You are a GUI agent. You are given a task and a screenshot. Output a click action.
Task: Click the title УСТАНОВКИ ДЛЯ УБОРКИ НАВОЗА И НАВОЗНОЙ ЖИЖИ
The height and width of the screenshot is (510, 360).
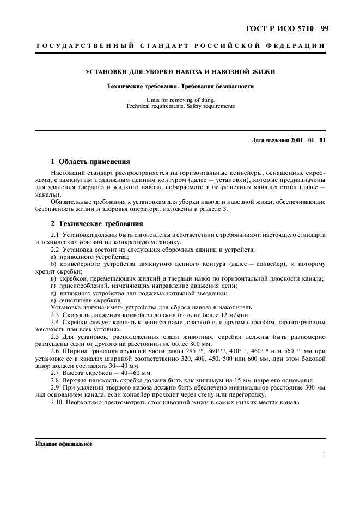[x=180, y=72]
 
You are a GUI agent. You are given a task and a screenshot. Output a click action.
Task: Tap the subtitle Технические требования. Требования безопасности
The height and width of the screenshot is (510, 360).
[x=180, y=86]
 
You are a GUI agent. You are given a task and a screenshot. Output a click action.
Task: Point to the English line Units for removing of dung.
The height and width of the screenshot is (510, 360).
[x=180, y=100]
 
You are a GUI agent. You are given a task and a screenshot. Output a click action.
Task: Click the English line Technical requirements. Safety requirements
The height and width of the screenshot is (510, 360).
[x=180, y=106]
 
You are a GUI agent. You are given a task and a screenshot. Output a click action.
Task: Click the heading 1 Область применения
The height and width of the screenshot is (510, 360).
[x=90, y=162]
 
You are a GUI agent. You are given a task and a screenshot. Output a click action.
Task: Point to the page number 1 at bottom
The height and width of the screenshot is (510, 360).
[x=324, y=454]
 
